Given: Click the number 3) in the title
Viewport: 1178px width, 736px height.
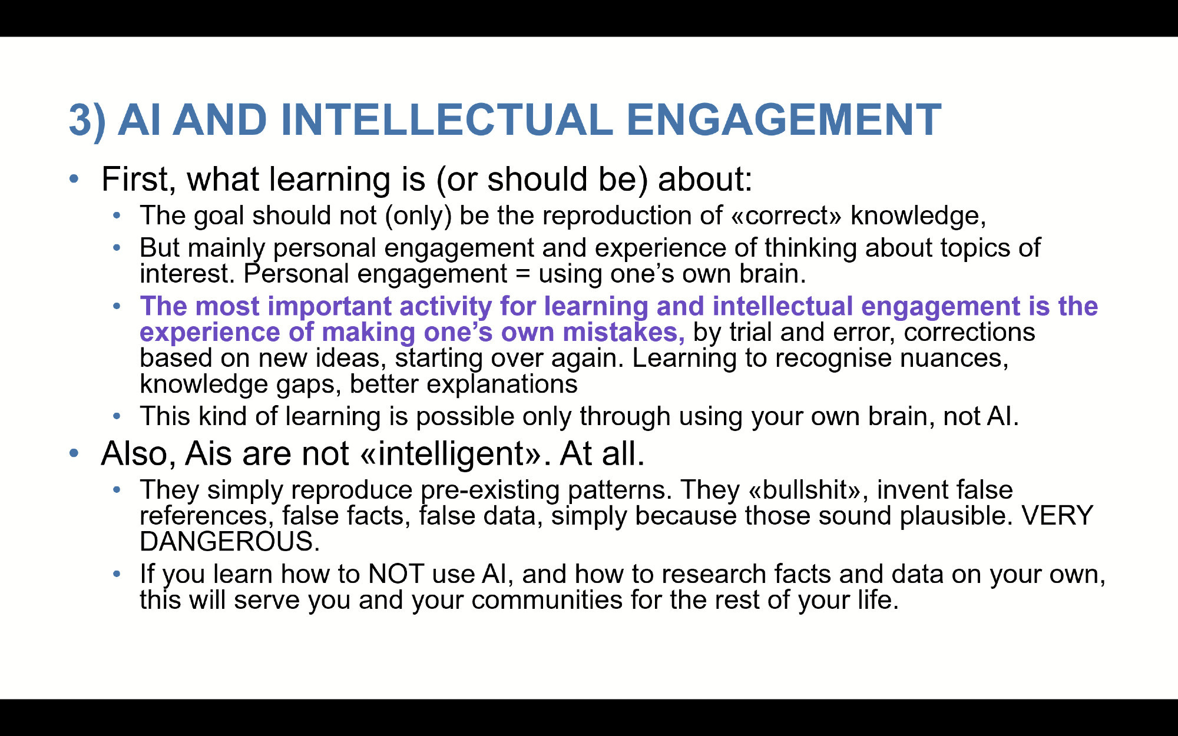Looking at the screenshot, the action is (x=87, y=121).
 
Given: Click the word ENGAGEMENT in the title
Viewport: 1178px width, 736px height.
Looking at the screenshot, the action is (x=783, y=120).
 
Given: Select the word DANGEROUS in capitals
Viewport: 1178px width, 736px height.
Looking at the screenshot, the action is (x=230, y=542).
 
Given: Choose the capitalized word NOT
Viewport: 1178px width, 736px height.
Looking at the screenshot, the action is (x=396, y=574).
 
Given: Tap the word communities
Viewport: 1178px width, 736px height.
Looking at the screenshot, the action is (x=547, y=600).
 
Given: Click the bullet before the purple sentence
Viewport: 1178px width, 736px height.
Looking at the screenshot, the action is (x=117, y=306).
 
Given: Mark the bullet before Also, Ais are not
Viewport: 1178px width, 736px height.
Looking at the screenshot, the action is (x=74, y=453).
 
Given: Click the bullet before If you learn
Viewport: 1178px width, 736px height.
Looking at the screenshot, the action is (x=117, y=573).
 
